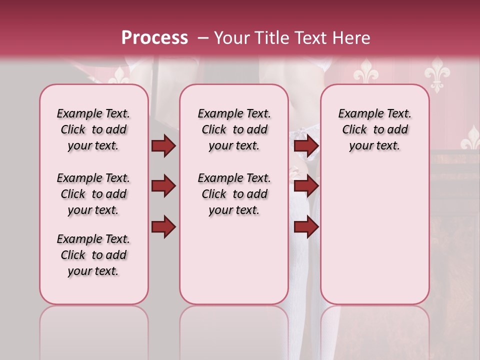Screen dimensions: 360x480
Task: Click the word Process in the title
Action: (x=154, y=38)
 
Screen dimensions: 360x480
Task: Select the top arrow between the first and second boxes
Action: (x=163, y=146)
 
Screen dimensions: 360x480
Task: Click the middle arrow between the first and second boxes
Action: (x=163, y=186)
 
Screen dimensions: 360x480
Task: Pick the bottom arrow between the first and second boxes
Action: (x=163, y=226)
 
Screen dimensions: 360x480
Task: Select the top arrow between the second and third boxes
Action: (x=306, y=146)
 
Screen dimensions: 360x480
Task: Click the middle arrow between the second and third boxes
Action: (x=306, y=186)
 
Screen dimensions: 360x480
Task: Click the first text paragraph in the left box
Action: (x=93, y=129)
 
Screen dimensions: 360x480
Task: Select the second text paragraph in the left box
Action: (x=93, y=194)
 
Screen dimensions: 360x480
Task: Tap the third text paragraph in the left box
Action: (x=93, y=255)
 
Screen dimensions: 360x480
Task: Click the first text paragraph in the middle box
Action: (x=234, y=129)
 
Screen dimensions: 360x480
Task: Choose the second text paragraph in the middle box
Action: (x=234, y=194)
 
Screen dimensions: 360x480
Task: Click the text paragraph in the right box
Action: (x=375, y=129)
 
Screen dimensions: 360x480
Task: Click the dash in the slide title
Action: (x=203, y=38)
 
